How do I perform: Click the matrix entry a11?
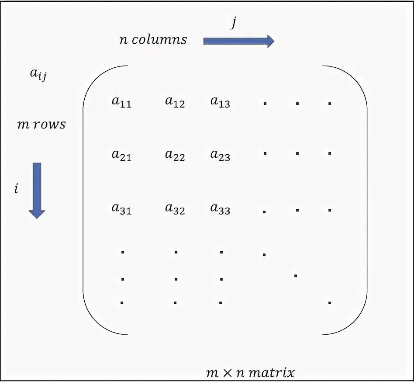point(121,102)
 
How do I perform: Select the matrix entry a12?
point(175,102)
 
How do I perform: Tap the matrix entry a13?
point(220,102)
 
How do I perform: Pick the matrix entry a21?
point(121,155)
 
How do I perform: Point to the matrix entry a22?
point(175,155)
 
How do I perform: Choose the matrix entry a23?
point(220,155)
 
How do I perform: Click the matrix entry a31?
point(121,209)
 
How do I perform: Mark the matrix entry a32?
point(175,209)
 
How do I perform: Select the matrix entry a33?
point(220,209)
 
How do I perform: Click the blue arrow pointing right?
point(238,41)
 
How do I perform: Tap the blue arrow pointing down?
point(37,190)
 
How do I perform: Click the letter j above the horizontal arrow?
point(234,23)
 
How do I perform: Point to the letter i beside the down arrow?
point(16,189)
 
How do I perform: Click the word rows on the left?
point(50,125)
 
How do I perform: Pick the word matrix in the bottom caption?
point(273,373)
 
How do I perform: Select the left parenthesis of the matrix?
point(84,200)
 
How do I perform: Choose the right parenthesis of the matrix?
point(366,200)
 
